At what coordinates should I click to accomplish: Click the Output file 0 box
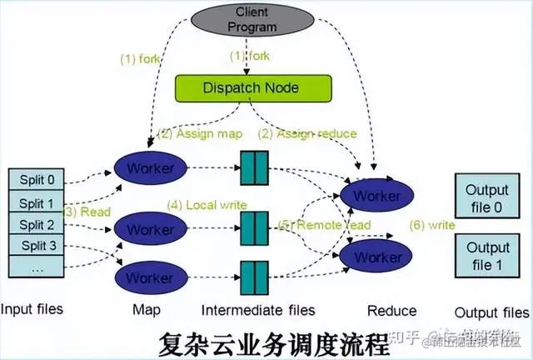tap(487, 196)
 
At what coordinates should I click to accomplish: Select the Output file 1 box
tap(487, 256)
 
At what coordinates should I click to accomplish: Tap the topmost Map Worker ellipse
tap(151, 168)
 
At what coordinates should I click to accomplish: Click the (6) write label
tap(432, 224)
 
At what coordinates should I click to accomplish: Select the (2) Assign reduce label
tap(307, 133)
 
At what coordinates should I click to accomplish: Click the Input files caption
tap(32, 310)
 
